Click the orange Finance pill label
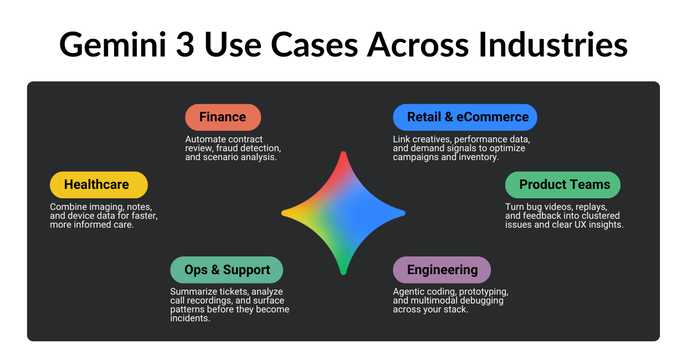(x=223, y=117)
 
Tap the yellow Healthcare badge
(x=99, y=185)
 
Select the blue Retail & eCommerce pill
(x=465, y=117)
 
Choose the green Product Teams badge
(x=562, y=185)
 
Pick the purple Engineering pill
(x=442, y=270)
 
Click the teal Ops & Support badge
(x=227, y=270)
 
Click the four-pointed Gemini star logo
(x=343, y=213)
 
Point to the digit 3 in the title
(x=186, y=44)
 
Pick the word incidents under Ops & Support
(x=190, y=318)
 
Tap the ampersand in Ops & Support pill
(x=216, y=270)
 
